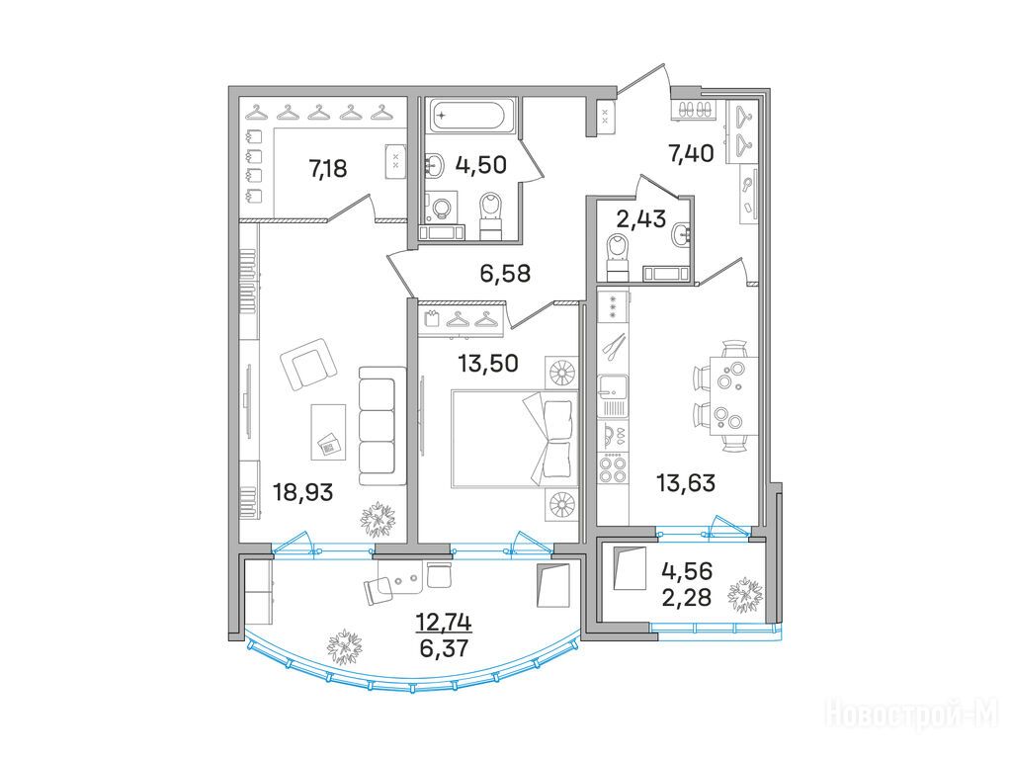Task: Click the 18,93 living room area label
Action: click(302, 493)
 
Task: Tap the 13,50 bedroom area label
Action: click(488, 364)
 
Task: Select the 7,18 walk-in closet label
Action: click(328, 169)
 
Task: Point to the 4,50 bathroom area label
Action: click(481, 165)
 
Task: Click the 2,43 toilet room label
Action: click(640, 219)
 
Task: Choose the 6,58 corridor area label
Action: click(505, 273)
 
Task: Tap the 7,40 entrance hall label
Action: click(691, 153)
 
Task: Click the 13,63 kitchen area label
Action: click(686, 482)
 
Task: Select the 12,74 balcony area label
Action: click(444, 623)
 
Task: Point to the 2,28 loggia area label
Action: click(687, 597)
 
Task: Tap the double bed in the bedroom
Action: click(514, 438)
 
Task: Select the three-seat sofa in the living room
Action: click(382, 427)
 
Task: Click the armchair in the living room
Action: click(308, 364)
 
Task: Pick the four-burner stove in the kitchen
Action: click(613, 468)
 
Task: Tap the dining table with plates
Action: click(734, 396)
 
